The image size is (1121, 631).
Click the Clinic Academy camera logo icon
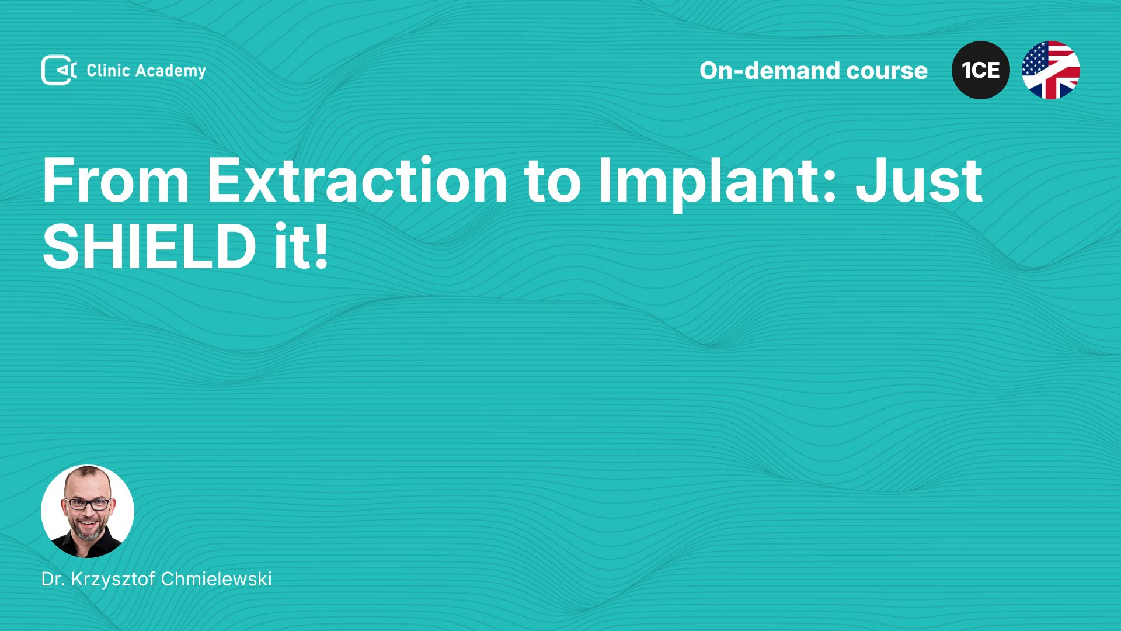point(59,70)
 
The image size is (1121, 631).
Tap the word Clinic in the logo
point(108,71)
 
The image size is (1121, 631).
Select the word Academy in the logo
point(170,71)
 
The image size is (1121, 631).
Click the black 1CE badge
point(981,70)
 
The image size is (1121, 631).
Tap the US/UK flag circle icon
point(1051,70)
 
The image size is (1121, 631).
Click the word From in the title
point(116,181)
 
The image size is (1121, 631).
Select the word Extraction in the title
point(357,181)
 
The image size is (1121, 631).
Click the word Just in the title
point(919,181)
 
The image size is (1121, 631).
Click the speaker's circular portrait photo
point(88,511)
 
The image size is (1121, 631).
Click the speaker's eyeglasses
point(88,504)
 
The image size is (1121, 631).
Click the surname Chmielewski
point(216,579)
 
